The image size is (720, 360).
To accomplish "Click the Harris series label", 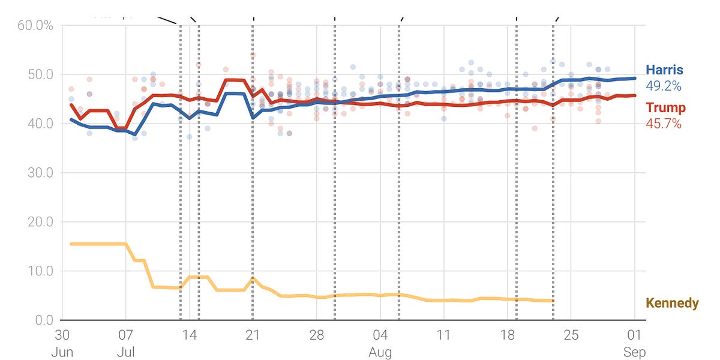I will (x=665, y=70).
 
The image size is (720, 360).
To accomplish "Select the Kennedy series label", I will (x=672, y=303).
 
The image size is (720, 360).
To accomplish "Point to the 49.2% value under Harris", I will (x=663, y=86).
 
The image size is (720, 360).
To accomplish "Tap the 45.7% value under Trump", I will (x=663, y=124).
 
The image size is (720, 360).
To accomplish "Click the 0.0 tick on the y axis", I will (x=44, y=320).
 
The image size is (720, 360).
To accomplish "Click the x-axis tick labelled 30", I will (x=62, y=335).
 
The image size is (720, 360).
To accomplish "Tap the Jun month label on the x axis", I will (x=62, y=352).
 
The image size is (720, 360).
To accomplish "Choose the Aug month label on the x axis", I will (x=380, y=352).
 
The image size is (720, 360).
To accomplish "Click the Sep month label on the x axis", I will (x=635, y=352).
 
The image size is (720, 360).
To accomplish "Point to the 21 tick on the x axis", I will (x=253, y=335).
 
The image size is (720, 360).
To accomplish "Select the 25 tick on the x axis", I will (x=571, y=335).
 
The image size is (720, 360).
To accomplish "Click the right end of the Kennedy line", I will (x=553, y=301).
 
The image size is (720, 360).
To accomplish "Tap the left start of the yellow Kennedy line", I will (x=71, y=244).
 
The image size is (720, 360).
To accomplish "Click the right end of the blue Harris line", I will (x=635, y=78).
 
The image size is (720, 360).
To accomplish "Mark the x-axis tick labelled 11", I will (x=443, y=335).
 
